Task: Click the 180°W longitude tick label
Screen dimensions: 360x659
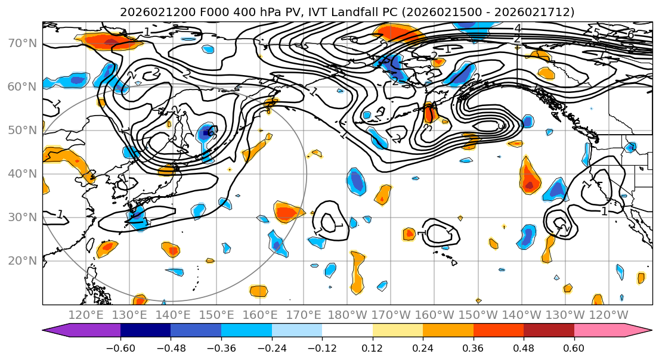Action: pyautogui.click(x=348, y=315)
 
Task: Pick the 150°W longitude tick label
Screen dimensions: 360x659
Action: pyautogui.click(x=478, y=315)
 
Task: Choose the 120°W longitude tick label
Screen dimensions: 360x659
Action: pyautogui.click(x=608, y=315)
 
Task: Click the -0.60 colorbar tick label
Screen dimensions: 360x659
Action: pyautogui.click(x=120, y=348)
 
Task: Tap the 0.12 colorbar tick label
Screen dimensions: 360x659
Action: pyautogui.click(x=372, y=348)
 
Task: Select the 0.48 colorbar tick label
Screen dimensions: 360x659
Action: pyautogui.click(x=524, y=348)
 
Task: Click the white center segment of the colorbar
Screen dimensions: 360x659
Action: pyautogui.click(x=347, y=331)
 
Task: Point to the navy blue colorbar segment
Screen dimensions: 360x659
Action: pyautogui.click(x=146, y=331)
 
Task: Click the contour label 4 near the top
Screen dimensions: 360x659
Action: pyautogui.click(x=517, y=29)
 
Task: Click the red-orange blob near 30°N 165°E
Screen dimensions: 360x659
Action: pyautogui.click(x=288, y=212)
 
